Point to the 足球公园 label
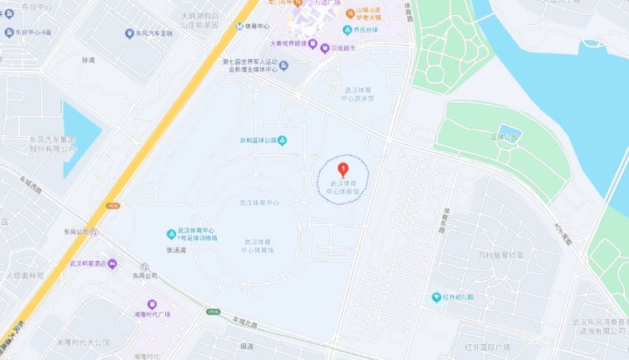tap(502, 137)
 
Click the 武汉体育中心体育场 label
tap(258, 245)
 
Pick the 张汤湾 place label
tap(177, 250)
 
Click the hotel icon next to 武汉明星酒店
tap(112, 263)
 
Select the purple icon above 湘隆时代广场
tap(153, 304)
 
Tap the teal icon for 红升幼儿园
tap(437, 297)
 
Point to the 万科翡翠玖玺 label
tap(506, 255)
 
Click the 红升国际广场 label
tap(487, 347)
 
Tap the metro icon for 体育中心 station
tap(240, 26)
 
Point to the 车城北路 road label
tap(245, 321)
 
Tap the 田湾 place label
tap(247, 347)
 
